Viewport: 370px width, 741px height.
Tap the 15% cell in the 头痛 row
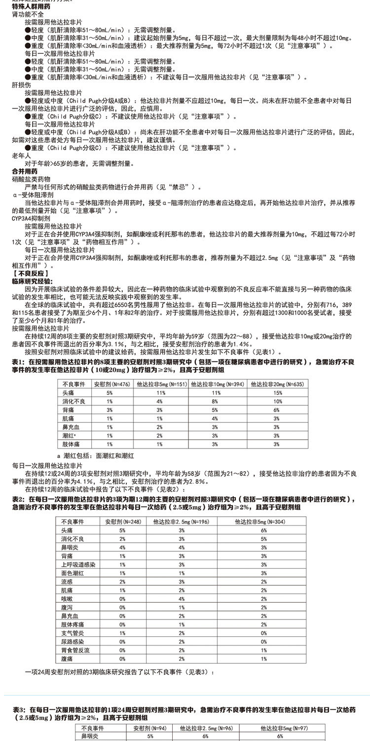pyautogui.click(x=277, y=392)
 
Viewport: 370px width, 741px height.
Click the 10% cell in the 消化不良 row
pyautogui.click(x=277, y=401)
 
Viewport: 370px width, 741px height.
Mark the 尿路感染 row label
pyautogui.click(x=73, y=641)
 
